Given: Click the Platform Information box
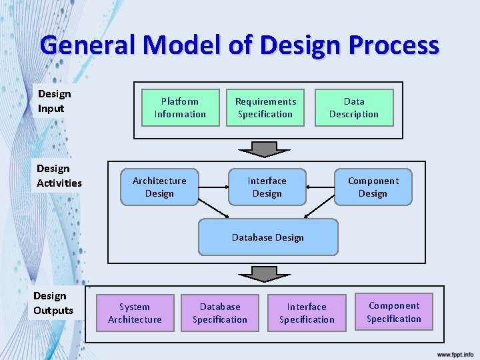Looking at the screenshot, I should point(180,108).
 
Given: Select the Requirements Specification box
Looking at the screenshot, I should point(265,108).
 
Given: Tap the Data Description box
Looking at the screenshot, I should point(354,108).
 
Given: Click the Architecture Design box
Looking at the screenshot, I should point(159,187).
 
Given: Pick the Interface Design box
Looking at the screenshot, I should point(267,187).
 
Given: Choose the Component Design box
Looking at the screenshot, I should point(373,187).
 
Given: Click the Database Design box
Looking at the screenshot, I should point(268,237).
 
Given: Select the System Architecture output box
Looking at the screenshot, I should point(135,313).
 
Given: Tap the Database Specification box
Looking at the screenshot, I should point(220,313).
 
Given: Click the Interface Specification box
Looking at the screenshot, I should point(307,313).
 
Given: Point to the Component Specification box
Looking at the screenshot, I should point(394,312).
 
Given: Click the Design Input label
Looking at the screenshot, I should point(54,101).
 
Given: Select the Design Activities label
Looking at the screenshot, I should point(59,176).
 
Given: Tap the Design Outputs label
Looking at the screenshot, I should point(53,303).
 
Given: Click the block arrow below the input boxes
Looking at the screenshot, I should point(265,148).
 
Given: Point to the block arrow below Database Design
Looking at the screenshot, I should point(265,273).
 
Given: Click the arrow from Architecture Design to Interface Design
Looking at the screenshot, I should point(213,187).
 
